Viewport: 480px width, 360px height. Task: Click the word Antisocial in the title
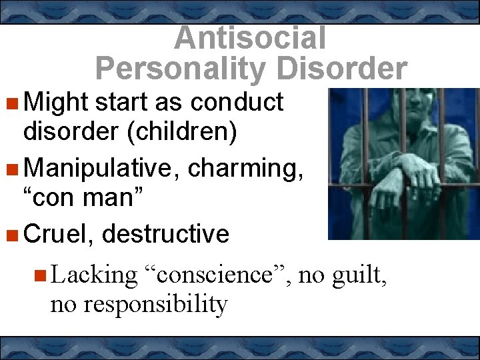(250, 38)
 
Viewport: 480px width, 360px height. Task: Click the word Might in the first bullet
(56, 103)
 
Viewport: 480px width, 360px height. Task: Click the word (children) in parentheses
(179, 132)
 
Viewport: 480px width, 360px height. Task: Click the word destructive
(166, 234)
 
